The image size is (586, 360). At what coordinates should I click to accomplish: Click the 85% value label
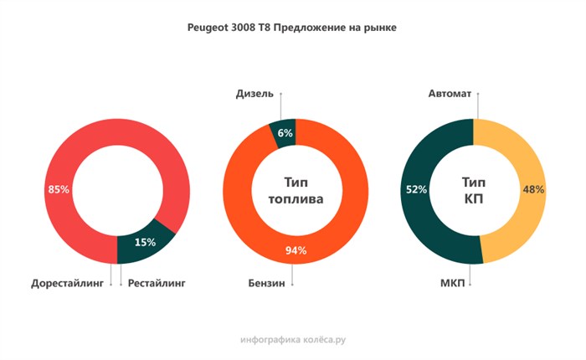click(x=59, y=190)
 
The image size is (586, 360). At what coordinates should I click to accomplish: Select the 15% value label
click(x=145, y=242)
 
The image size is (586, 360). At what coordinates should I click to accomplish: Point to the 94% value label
click(x=296, y=250)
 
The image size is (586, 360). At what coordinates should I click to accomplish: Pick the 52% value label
click(x=416, y=189)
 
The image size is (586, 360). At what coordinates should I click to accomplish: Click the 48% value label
click(x=533, y=189)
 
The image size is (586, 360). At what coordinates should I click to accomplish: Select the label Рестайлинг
click(x=157, y=284)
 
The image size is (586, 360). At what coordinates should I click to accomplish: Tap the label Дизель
click(x=254, y=94)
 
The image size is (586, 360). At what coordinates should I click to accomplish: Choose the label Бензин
click(x=266, y=284)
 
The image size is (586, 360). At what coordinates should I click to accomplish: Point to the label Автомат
click(x=450, y=94)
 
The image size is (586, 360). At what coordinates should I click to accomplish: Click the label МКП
click(x=453, y=284)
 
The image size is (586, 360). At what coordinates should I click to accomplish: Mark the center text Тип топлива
click(x=296, y=190)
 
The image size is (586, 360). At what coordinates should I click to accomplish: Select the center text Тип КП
click(x=475, y=190)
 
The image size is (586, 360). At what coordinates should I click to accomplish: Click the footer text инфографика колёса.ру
click(x=292, y=340)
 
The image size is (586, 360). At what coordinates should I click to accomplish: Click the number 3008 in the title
click(x=252, y=28)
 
